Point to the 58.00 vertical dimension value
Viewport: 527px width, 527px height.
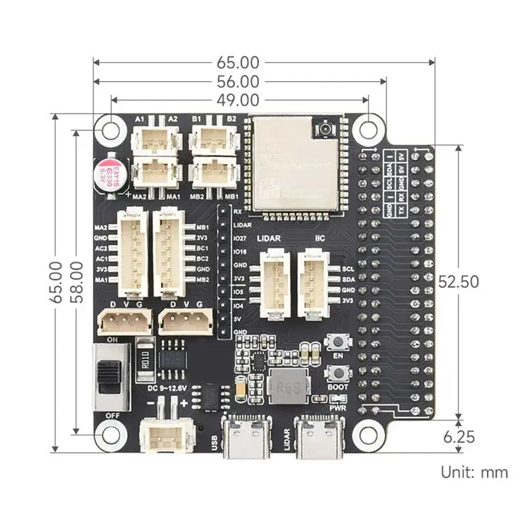click(x=77, y=281)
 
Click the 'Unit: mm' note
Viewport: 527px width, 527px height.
click(x=474, y=472)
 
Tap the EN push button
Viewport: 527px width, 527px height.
click(x=337, y=343)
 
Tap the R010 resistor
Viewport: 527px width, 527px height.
click(x=146, y=360)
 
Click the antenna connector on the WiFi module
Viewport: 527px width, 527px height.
click(x=325, y=130)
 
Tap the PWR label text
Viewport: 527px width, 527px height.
click(x=338, y=408)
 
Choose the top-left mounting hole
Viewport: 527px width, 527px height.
click(x=109, y=129)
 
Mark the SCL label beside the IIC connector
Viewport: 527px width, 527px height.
click(x=348, y=269)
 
